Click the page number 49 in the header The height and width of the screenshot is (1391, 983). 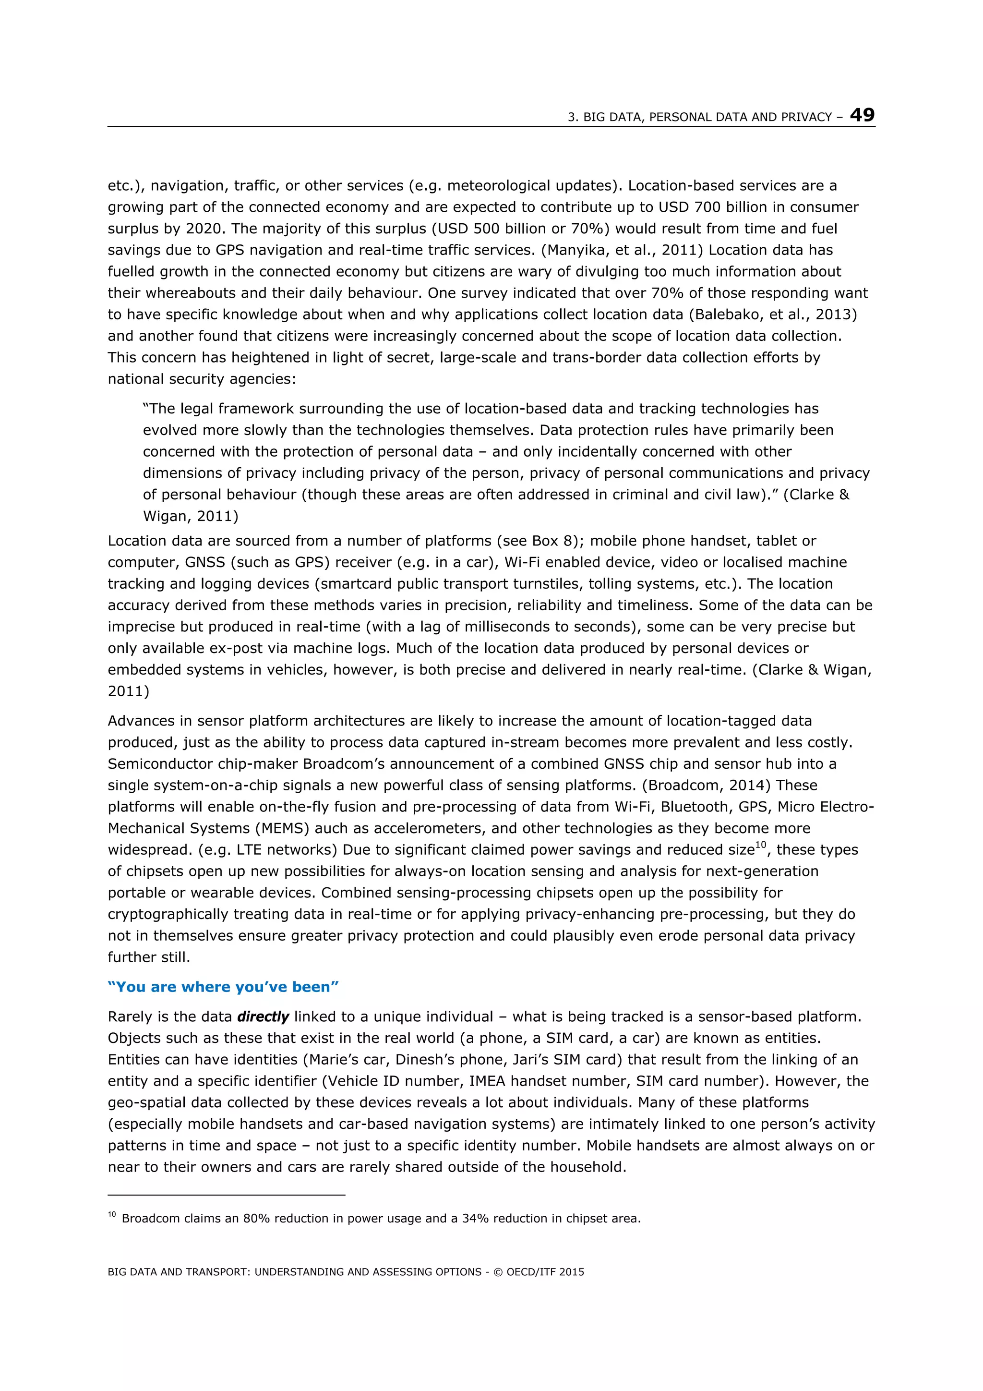pos(862,115)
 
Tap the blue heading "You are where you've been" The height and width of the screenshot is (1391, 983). pos(223,987)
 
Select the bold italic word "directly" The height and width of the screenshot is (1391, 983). pos(263,1016)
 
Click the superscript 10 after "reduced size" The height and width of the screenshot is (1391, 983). pos(761,845)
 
